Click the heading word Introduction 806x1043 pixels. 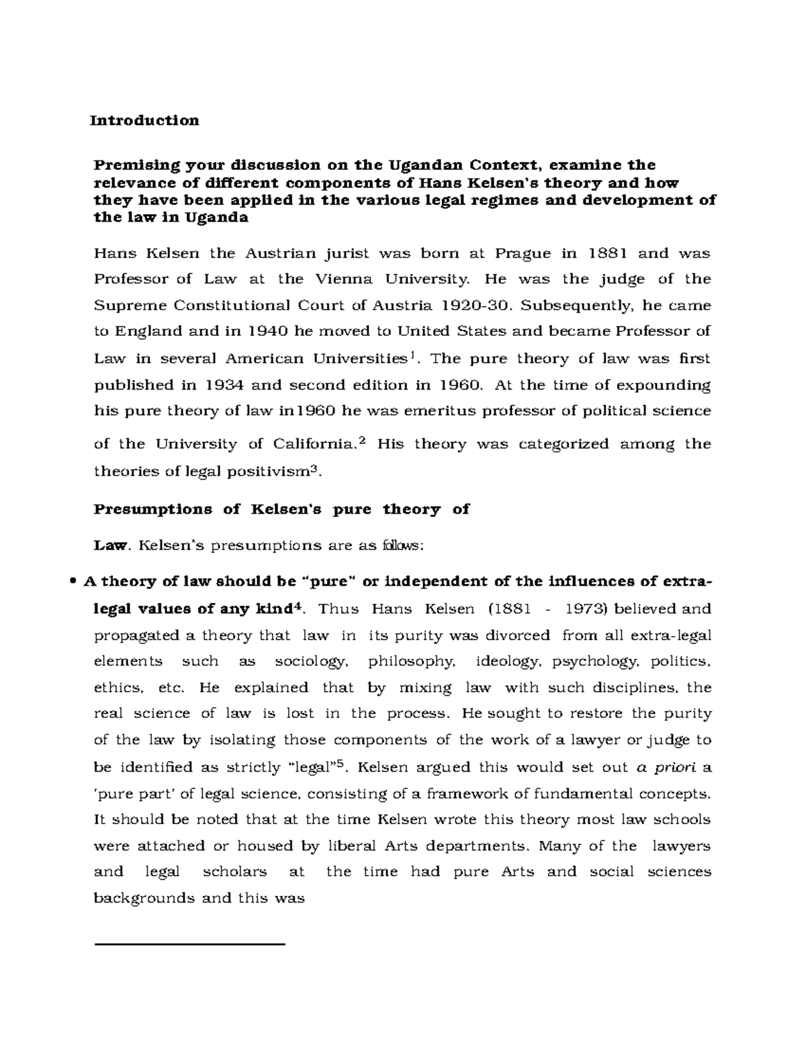tap(145, 120)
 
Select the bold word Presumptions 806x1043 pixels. tap(152, 509)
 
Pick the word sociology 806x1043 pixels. tap(311, 662)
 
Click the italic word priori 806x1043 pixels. tap(674, 767)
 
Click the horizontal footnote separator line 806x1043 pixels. tap(190, 945)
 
